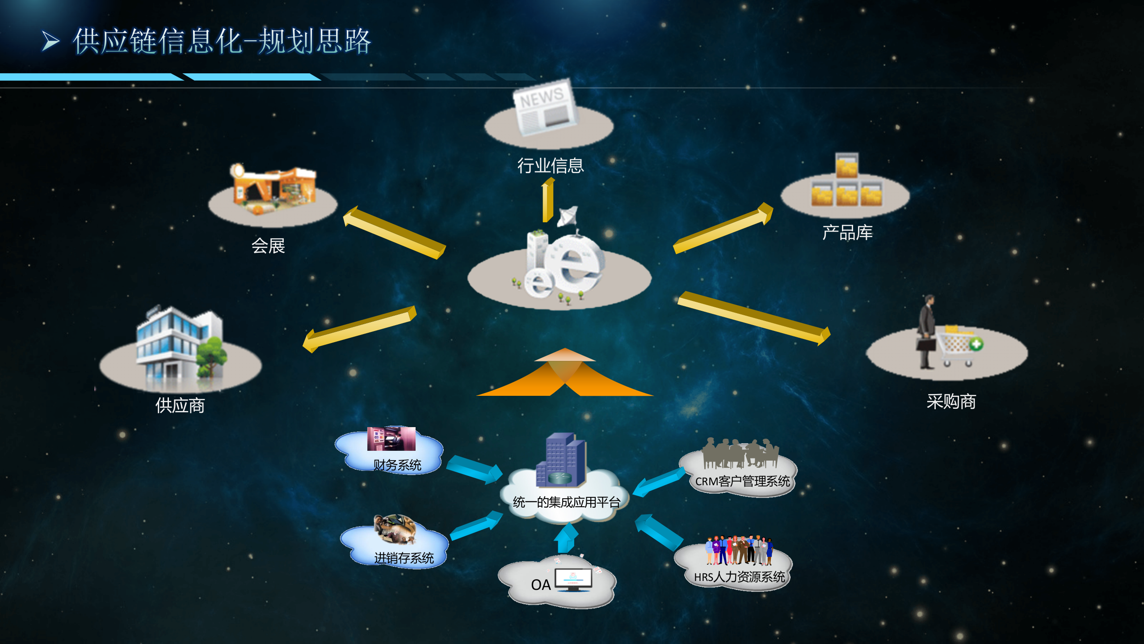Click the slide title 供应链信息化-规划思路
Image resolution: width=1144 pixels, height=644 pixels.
[222, 41]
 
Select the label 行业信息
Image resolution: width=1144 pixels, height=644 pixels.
[551, 165]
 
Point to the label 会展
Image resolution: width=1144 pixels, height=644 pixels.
[268, 246]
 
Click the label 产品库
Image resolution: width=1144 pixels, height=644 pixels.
[847, 233]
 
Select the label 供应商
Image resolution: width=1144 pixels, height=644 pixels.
[180, 405]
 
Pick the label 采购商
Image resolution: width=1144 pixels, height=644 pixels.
[951, 402]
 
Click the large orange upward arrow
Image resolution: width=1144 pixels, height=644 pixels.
[565, 372]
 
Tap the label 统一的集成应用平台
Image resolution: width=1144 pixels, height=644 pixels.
[567, 502]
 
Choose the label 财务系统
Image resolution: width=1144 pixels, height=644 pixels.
[397, 465]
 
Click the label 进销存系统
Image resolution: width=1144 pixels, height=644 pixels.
[404, 558]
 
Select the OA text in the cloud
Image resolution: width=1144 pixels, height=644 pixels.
[541, 585]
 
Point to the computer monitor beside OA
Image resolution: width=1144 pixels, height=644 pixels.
[573, 580]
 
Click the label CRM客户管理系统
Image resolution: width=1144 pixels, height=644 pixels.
[742, 481]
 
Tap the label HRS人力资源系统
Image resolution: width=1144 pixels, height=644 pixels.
[739, 577]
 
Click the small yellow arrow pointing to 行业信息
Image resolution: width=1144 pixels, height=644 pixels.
[547, 200]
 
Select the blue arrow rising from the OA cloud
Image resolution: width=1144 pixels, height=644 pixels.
[567, 538]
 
